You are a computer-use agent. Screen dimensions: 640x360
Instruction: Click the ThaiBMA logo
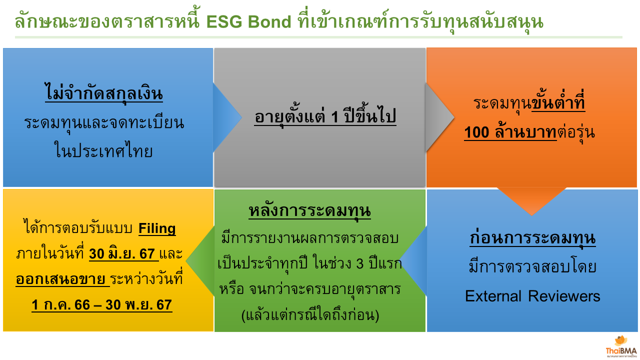(x=621, y=346)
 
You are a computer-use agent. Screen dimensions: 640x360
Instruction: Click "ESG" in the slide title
(x=224, y=21)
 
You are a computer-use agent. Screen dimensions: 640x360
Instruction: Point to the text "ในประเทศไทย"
(x=103, y=150)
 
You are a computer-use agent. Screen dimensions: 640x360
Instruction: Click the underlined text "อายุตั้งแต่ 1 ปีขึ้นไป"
(x=325, y=116)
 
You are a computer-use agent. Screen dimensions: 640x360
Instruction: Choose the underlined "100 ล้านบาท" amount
(x=510, y=132)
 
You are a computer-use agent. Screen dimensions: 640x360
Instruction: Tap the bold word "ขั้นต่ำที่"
(x=558, y=101)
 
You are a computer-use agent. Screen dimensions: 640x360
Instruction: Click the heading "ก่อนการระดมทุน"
(x=532, y=237)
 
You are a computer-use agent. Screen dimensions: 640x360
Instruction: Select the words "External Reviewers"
(x=532, y=296)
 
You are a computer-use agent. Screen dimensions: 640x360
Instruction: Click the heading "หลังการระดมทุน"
(x=309, y=210)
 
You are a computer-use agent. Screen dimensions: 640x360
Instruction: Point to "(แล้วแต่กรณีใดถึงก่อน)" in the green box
(x=310, y=315)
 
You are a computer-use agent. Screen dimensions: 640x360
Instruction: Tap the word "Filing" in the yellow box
(x=157, y=228)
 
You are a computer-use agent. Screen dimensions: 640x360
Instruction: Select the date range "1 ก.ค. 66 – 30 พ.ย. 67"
(x=101, y=305)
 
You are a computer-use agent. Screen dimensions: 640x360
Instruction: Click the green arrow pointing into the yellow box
(x=200, y=261)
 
